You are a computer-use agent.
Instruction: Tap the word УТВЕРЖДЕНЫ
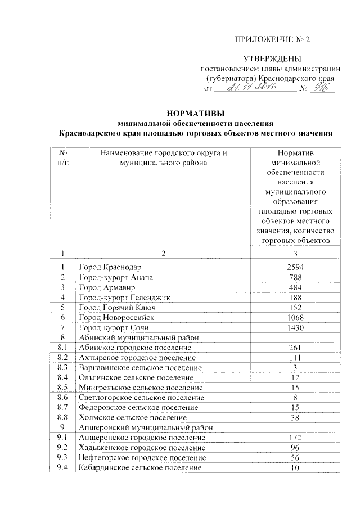[272, 59]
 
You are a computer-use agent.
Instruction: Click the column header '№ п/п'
[64, 157]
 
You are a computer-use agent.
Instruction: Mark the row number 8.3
[63, 367]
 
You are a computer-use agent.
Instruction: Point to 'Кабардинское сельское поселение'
[140, 467]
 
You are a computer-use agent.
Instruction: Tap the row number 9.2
[63, 447]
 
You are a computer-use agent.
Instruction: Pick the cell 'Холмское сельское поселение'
[132, 417]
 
